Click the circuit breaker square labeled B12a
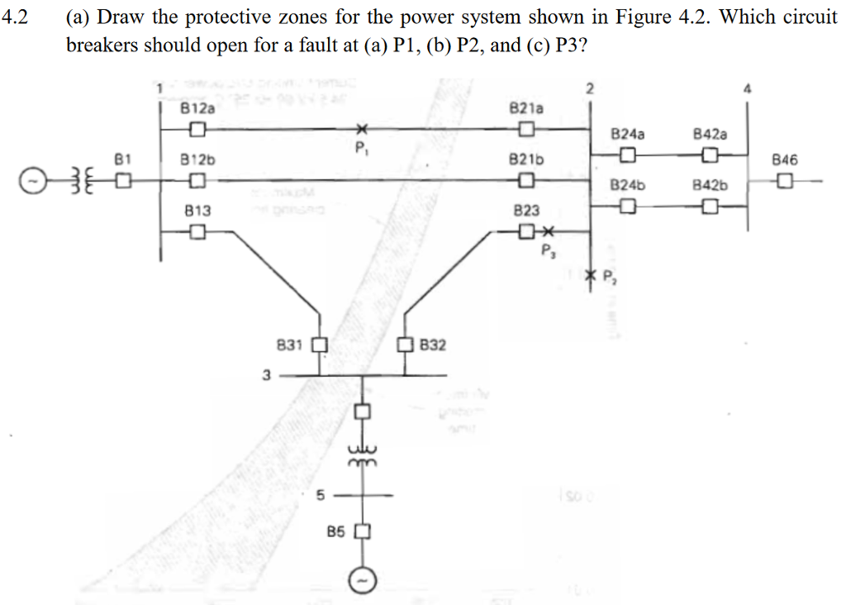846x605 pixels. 196,129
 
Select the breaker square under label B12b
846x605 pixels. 196,180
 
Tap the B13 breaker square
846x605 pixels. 196,232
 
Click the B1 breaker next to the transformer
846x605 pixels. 122,179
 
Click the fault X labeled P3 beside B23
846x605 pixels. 549,232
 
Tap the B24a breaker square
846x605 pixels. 628,155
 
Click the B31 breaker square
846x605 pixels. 320,344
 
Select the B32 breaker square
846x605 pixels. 406,344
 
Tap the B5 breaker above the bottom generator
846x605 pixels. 361,531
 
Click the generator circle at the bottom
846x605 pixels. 362,580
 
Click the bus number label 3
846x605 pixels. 266,374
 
